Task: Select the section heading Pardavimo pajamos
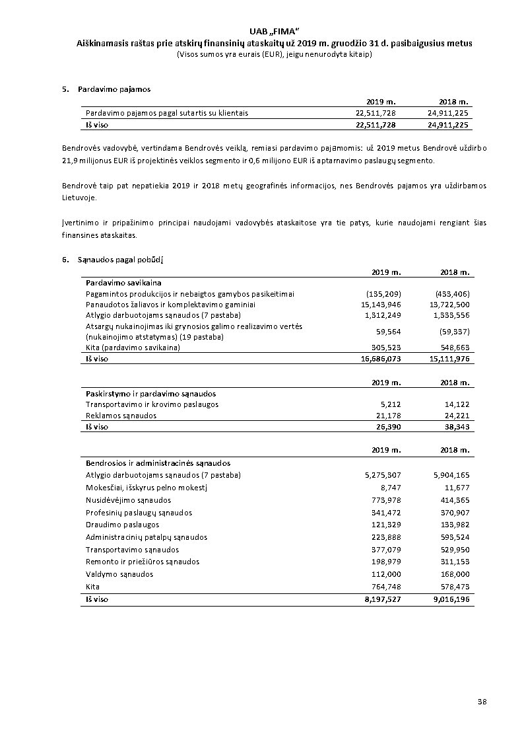point(114,89)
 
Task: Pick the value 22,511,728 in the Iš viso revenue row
point(376,125)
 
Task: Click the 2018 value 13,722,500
point(449,305)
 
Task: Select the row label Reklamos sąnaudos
point(121,416)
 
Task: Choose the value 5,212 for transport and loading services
point(391,404)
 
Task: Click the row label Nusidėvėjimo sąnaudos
point(128,500)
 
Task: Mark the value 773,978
point(385,500)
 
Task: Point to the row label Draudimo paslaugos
point(122,525)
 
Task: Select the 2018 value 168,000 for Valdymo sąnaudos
point(453,574)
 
